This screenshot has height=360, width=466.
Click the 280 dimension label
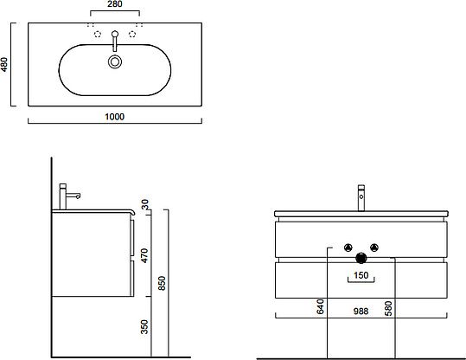pyautogui.click(x=114, y=4)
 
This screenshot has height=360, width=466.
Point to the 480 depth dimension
pyautogui.click(x=4, y=64)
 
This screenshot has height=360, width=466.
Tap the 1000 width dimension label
pyautogui.click(x=115, y=117)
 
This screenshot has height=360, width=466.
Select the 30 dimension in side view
pyautogui.click(x=144, y=204)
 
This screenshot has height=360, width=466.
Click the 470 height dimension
pyautogui.click(x=144, y=255)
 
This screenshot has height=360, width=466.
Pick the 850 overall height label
pyautogui.click(x=162, y=283)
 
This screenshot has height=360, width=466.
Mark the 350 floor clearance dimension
pyautogui.click(x=144, y=326)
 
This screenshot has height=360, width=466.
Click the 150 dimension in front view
pyautogui.click(x=361, y=275)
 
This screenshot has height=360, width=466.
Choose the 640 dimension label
pyautogui.click(x=320, y=306)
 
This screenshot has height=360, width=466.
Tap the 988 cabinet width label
pyautogui.click(x=361, y=312)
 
